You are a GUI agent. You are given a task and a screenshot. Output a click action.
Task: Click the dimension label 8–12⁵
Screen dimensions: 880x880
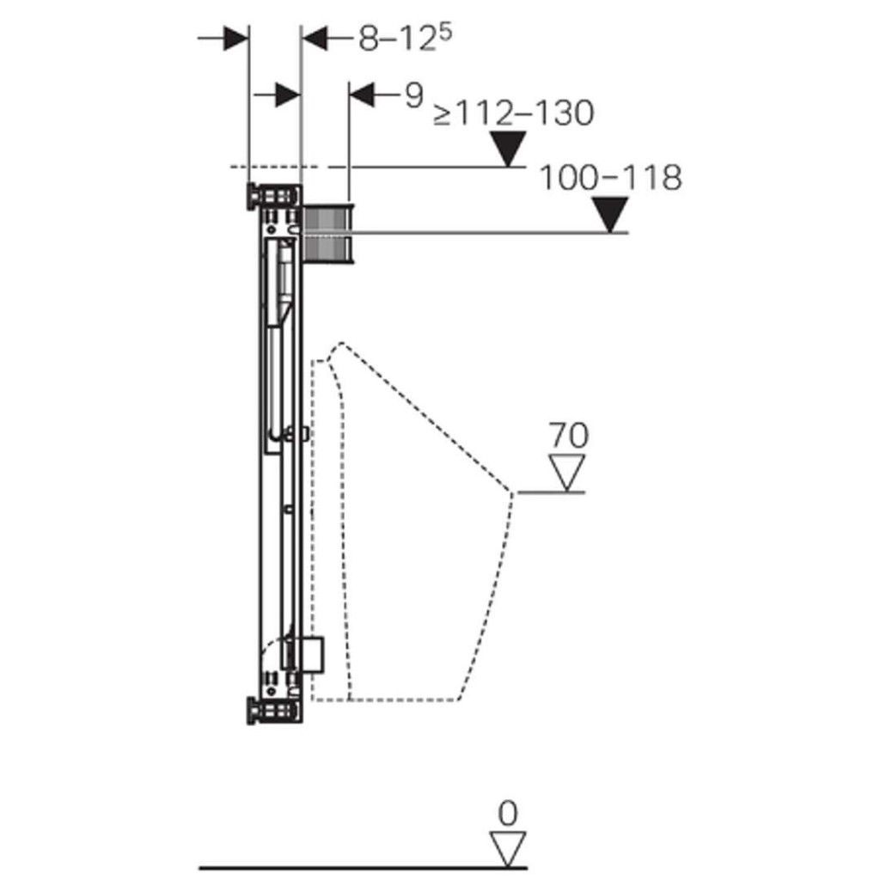tap(406, 39)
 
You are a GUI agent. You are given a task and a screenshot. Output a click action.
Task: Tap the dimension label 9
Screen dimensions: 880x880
tap(414, 95)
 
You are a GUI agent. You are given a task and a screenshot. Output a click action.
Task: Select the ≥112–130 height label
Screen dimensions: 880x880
tap(514, 113)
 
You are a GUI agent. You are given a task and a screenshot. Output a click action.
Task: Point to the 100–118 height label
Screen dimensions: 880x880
tap(611, 177)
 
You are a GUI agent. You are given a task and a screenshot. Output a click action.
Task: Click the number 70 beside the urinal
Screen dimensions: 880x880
tap(568, 435)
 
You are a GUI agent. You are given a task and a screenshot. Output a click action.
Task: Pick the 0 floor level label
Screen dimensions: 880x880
tap(507, 813)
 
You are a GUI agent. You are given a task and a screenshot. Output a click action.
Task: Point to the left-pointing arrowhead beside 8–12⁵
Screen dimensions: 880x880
tap(315, 38)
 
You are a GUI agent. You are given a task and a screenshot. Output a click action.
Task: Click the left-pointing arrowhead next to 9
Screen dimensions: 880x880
tap(362, 95)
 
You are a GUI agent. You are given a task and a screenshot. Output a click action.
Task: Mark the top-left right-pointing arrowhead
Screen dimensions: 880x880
tap(235, 38)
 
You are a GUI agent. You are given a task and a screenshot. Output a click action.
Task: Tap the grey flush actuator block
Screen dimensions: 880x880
tap(328, 233)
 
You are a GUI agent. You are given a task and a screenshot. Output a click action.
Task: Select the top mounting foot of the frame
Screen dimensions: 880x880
tap(272, 197)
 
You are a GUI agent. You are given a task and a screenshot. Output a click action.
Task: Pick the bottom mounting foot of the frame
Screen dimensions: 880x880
tap(272, 711)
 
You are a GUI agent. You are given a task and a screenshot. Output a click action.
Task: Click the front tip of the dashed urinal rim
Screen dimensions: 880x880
tap(512, 492)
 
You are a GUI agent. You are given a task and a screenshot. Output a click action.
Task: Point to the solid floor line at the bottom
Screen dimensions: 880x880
tap(364, 868)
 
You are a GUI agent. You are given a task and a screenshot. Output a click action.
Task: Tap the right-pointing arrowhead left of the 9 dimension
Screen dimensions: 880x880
tap(288, 95)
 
